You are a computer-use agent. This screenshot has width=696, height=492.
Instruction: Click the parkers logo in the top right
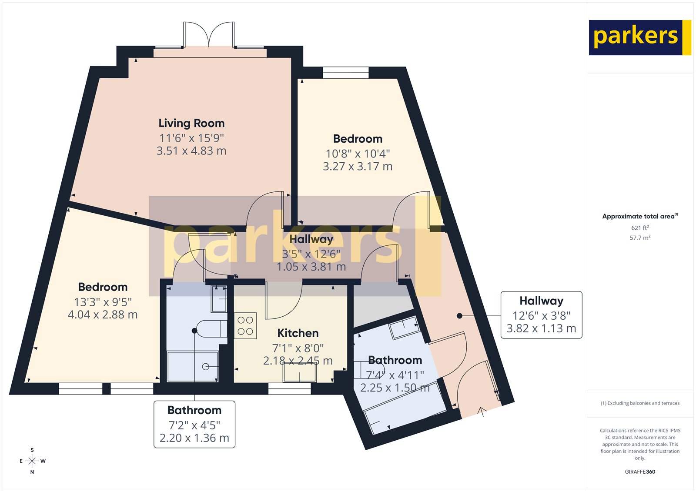click(x=639, y=37)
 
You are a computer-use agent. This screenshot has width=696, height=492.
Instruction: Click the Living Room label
click(x=191, y=123)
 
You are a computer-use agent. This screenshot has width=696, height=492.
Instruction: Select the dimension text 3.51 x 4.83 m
click(x=191, y=151)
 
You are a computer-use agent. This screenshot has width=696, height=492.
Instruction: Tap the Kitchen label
click(x=298, y=333)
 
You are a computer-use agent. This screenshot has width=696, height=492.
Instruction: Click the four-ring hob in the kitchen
click(x=245, y=326)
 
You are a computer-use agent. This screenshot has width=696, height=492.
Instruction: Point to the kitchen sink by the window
click(x=300, y=372)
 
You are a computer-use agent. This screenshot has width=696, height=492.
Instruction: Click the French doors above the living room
click(x=209, y=35)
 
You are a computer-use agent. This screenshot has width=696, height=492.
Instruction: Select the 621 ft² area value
click(x=640, y=228)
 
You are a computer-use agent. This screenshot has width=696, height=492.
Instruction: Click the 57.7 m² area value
click(x=640, y=238)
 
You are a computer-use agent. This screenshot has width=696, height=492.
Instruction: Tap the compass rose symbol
click(x=32, y=461)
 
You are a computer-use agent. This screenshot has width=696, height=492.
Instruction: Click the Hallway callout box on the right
click(x=541, y=315)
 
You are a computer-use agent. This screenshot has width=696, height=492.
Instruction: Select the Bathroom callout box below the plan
click(x=194, y=424)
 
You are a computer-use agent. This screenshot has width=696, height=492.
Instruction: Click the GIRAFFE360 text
click(x=640, y=472)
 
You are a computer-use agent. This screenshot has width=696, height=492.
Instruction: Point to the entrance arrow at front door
click(x=482, y=412)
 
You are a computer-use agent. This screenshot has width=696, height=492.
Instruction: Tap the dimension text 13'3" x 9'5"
click(x=103, y=302)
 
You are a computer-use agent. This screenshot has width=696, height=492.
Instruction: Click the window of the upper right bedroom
click(x=346, y=72)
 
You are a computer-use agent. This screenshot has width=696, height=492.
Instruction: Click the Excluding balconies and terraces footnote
click(x=640, y=403)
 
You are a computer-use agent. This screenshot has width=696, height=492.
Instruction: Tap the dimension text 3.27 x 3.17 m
click(x=358, y=167)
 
